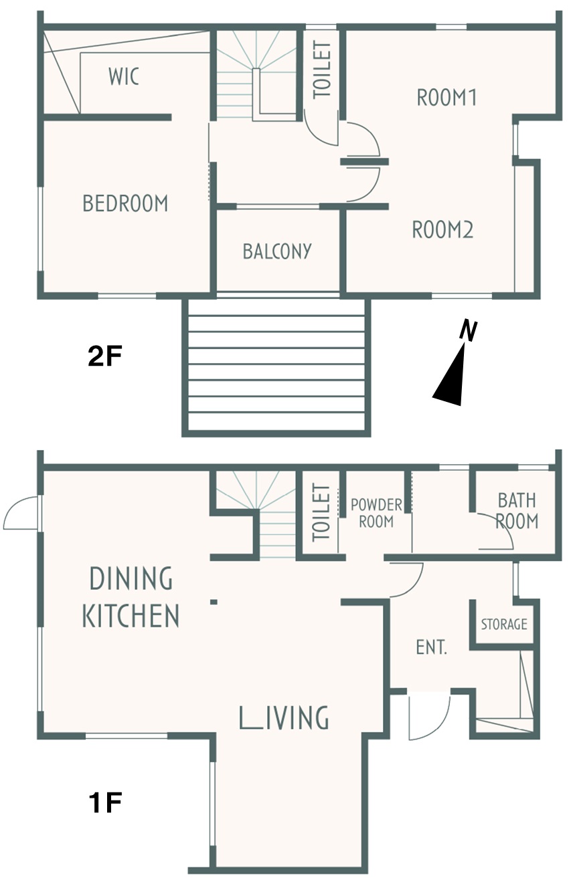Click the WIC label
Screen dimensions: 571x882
pyautogui.click(x=124, y=76)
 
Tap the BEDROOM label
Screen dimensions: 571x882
pyautogui.click(x=125, y=203)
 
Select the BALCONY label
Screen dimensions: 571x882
pyautogui.click(x=277, y=251)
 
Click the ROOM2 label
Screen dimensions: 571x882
pyautogui.click(x=442, y=229)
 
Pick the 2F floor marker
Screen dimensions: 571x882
pyautogui.click(x=105, y=356)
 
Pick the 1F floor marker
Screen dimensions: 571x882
pyautogui.click(x=105, y=803)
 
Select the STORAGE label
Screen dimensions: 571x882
pyautogui.click(x=504, y=624)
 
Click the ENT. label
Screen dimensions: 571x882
pyautogui.click(x=432, y=647)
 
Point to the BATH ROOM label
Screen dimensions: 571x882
pyautogui.click(x=517, y=511)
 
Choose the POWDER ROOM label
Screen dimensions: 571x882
pyautogui.click(x=376, y=513)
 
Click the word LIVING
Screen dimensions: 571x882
pyautogui.click(x=284, y=717)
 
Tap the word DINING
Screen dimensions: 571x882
pyautogui.click(x=131, y=578)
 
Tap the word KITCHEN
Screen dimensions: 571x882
pyautogui.click(x=131, y=616)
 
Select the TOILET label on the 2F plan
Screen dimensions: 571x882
pyautogui.click(x=321, y=70)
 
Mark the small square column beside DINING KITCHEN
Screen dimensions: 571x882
pyautogui.click(x=214, y=602)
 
